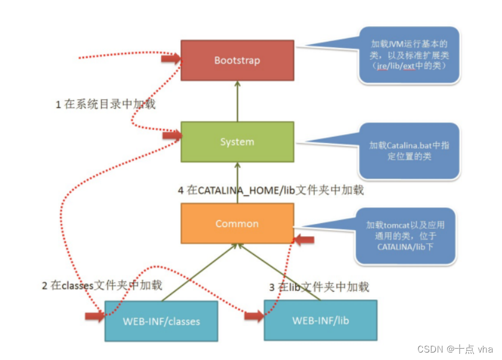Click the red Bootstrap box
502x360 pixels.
point(237,60)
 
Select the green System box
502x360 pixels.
point(237,142)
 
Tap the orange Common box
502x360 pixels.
point(237,223)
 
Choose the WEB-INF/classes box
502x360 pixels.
point(161,321)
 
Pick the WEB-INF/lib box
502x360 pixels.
point(320,321)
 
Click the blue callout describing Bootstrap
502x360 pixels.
point(409,55)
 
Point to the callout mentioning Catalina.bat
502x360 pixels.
point(409,150)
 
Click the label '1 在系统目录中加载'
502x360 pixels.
point(106,104)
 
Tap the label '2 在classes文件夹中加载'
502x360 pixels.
point(102,285)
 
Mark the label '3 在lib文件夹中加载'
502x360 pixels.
point(319,287)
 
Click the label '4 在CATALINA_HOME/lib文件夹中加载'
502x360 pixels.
point(271,191)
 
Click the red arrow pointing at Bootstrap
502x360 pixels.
point(170,59)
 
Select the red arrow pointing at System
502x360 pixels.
point(170,135)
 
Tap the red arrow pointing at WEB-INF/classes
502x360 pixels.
point(95,316)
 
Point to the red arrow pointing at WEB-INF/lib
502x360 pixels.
point(254,316)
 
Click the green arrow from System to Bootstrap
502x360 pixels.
point(237,101)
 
